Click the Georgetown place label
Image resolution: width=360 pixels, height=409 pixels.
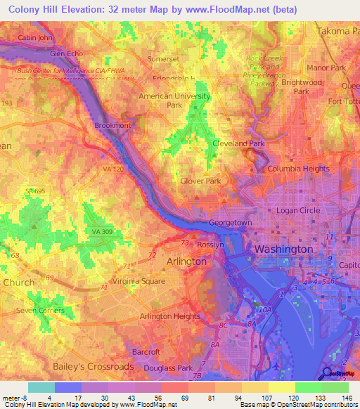pos(230,223)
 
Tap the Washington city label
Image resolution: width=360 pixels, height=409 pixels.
pos(283,249)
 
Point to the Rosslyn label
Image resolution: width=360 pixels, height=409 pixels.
pos(210,245)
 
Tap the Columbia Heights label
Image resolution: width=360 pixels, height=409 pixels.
pos(298,169)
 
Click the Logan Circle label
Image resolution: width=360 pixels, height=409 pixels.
pos(297,210)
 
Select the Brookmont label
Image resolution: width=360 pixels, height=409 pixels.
pos(112,125)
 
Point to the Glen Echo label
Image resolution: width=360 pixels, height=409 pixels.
pos(67,53)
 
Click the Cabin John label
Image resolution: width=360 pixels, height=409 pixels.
pos(35,37)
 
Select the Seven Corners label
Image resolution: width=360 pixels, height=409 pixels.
pos(40,311)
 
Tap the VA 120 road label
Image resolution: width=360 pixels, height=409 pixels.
pos(114,169)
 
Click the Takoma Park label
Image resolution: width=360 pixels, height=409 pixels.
pos(333,32)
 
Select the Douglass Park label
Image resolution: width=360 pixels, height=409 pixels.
pos(167,368)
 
